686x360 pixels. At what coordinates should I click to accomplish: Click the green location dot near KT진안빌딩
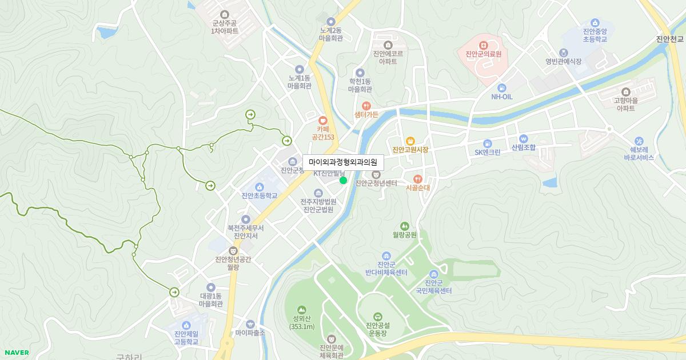(343, 181)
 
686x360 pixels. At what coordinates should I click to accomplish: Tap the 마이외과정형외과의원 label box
(343, 163)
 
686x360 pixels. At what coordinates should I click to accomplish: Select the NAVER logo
(15, 353)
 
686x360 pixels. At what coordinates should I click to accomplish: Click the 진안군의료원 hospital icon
(483, 44)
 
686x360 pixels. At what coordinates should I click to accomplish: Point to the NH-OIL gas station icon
(501, 87)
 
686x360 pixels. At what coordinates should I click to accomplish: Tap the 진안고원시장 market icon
(410, 141)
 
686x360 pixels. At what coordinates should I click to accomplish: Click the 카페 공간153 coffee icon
(322, 121)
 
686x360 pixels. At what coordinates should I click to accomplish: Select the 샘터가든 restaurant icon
(366, 106)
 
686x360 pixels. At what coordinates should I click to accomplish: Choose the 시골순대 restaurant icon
(417, 178)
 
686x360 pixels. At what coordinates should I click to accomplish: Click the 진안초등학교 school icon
(259, 187)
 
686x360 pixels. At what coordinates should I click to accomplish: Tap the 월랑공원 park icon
(405, 226)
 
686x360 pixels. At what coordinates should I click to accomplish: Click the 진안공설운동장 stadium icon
(377, 316)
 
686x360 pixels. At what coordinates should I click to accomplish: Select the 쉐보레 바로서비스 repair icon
(639, 140)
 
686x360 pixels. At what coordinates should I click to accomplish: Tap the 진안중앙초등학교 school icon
(595, 22)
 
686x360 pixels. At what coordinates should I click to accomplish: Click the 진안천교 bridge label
(670, 39)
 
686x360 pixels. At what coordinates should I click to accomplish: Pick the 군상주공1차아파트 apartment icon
(225, 14)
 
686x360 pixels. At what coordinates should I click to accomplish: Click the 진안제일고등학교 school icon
(186, 325)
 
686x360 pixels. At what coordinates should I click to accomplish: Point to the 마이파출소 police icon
(250, 324)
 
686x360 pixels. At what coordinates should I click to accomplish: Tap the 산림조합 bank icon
(523, 138)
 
